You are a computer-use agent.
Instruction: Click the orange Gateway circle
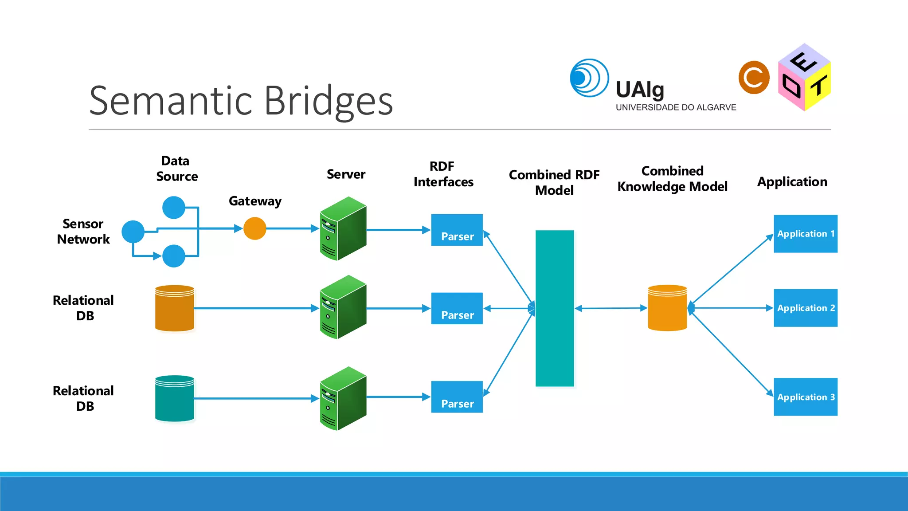click(255, 228)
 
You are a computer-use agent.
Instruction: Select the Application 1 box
click(805, 234)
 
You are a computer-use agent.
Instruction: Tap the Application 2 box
click(805, 308)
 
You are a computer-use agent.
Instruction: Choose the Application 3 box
click(805, 397)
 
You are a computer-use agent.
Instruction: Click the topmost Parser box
click(457, 230)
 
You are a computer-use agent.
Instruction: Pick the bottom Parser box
click(457, 397)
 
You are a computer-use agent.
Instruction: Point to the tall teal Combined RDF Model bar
click(555, 308)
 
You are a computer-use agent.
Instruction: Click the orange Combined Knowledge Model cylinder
click(667, 308)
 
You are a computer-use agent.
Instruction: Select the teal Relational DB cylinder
click(175, 398)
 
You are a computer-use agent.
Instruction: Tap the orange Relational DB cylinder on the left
click(175, 308)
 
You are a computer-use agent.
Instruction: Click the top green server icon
click(343, 228)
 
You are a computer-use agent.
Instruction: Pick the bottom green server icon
click(343, 398)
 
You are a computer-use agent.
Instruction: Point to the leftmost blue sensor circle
click(133, 232)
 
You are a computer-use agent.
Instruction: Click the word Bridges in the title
click(329, 101)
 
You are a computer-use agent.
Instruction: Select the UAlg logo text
click(640, 90)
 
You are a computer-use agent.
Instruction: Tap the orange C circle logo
click(754, 78)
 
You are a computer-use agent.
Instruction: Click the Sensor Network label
click(83, 232)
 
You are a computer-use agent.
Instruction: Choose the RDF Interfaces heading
click(443, 174)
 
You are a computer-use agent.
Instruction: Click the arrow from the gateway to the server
click(293, 228)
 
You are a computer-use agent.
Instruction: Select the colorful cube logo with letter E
click(804, 78)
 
